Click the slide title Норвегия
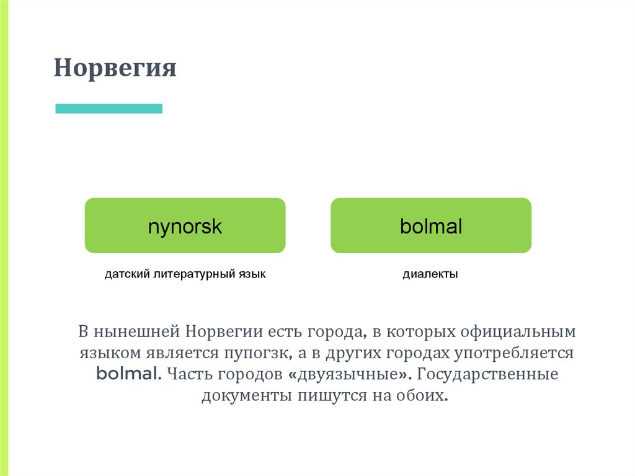coord(115,68)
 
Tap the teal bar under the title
coord(109,109)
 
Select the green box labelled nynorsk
coord(185,225)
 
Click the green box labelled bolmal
coord(431,225)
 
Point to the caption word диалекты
coord(430,274)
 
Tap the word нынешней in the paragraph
coord(138,331)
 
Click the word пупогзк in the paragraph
coord(259,353)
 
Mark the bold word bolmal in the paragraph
coord(129,375)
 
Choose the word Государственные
coord(489,375)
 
